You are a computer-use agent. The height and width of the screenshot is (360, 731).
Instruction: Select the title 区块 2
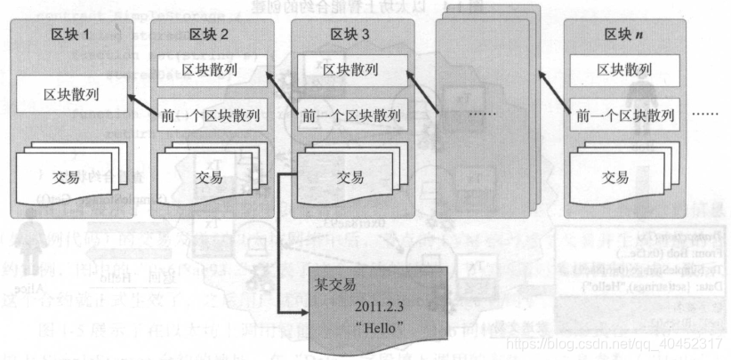click(x=210, y=35)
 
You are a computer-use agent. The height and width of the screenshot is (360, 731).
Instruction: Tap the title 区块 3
click(x=349, y=35)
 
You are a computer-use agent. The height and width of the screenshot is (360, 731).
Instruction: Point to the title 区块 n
click(x=623, y=35)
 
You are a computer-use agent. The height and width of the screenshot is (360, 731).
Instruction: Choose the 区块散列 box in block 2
click(x=210, y=69)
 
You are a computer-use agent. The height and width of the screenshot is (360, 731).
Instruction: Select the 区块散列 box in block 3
click(x=349, y=69)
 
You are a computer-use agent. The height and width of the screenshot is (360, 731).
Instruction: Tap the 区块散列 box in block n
click(x=623, y=69)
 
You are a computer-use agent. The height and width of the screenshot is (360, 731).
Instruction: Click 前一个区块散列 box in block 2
click(x=210, y=115)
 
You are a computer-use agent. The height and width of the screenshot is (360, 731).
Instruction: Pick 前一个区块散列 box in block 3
click(x=349, y=115)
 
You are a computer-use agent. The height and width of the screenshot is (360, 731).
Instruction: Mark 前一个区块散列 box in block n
click(x=623, y=115)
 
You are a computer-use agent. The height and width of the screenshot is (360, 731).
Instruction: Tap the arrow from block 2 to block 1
click(x=141, y=103)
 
